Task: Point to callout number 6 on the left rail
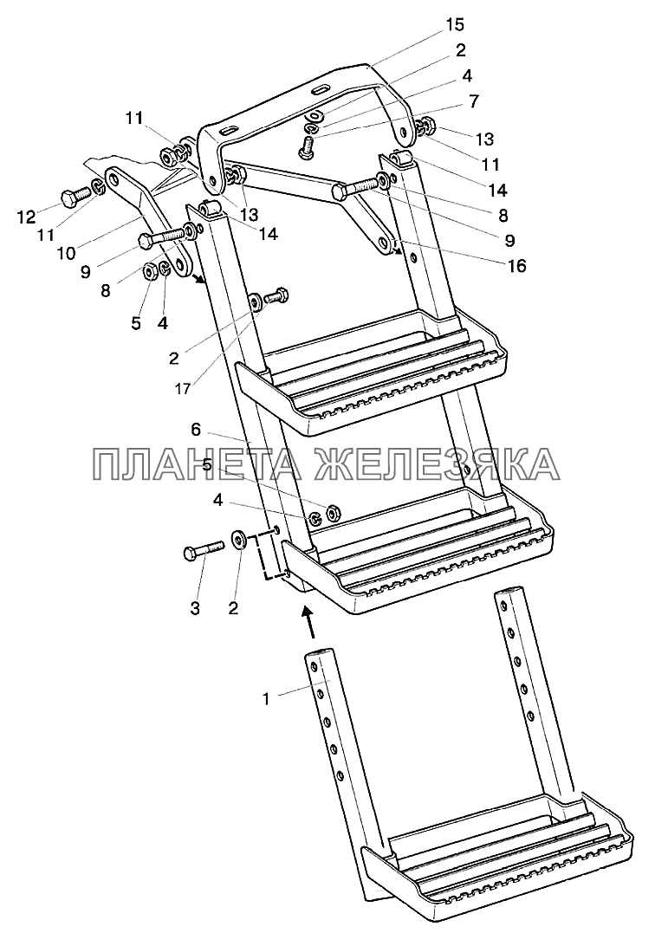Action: (196, 429)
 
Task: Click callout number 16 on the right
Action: (516, 266)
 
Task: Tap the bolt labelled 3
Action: (203, 549)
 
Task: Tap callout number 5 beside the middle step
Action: (207, 464)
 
